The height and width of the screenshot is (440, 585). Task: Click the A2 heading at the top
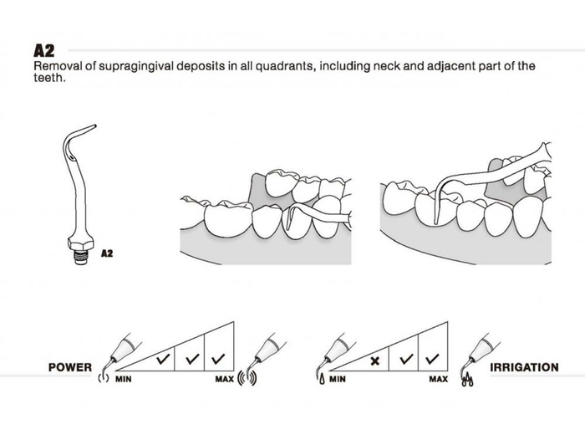coord(43,50)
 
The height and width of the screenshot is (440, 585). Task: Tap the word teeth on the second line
coord(48,79)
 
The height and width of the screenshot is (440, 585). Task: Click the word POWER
coord(69,367)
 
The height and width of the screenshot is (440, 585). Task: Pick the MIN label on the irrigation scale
coord(338,379)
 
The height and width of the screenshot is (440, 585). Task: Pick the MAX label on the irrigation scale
coord(438,379)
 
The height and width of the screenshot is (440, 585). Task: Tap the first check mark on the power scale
coord(163,359)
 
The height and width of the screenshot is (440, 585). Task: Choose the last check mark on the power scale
coord(218,359)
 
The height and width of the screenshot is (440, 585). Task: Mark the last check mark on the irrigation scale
coord(431,359)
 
